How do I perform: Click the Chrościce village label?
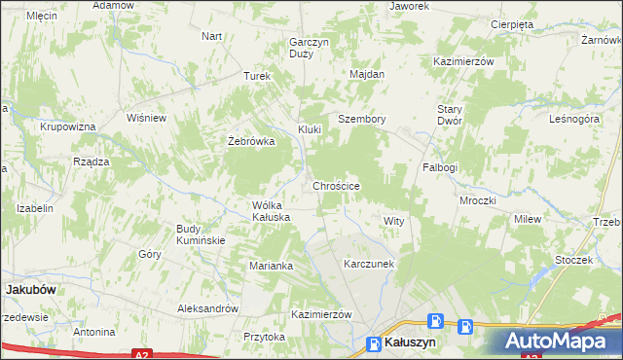point(337,185)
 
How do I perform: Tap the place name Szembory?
point(362,119)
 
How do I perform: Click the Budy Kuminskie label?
point(201,234)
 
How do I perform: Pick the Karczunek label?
point(368,264)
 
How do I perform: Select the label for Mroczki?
point(478,200)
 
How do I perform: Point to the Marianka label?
point(271,266)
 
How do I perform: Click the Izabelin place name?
point(34,208)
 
